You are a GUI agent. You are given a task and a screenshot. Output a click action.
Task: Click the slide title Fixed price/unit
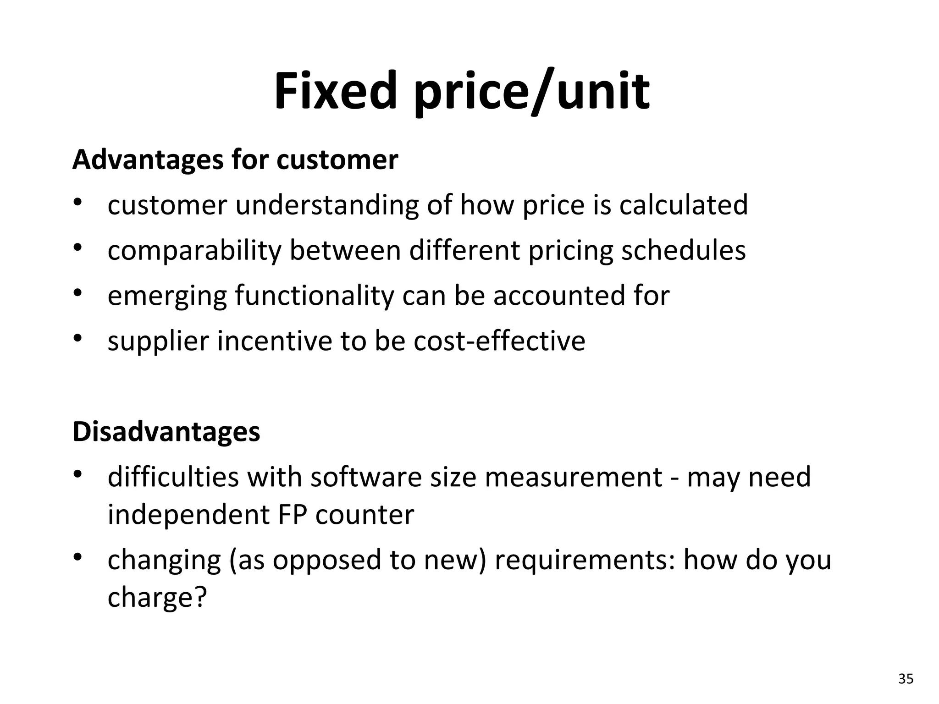(462, 91)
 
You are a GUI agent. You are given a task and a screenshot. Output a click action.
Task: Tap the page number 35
(906, 679)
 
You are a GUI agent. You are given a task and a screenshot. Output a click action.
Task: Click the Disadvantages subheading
(166, 432)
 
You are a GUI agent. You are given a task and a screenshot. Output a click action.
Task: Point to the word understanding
(327, 205)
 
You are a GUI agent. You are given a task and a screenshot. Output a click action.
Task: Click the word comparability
(194, 251)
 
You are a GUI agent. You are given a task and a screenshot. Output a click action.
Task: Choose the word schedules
(683, 250)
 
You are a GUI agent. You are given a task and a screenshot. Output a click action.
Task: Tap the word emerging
(167, 296)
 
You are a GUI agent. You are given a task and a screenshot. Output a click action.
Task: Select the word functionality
(315, 296)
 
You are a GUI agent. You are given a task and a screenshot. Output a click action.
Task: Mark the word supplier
(158, 341)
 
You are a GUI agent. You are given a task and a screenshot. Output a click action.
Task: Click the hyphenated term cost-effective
(499, 341)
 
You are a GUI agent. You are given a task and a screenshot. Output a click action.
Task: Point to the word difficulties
(173, 477)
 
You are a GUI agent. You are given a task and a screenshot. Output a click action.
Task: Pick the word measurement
(573, 477)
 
